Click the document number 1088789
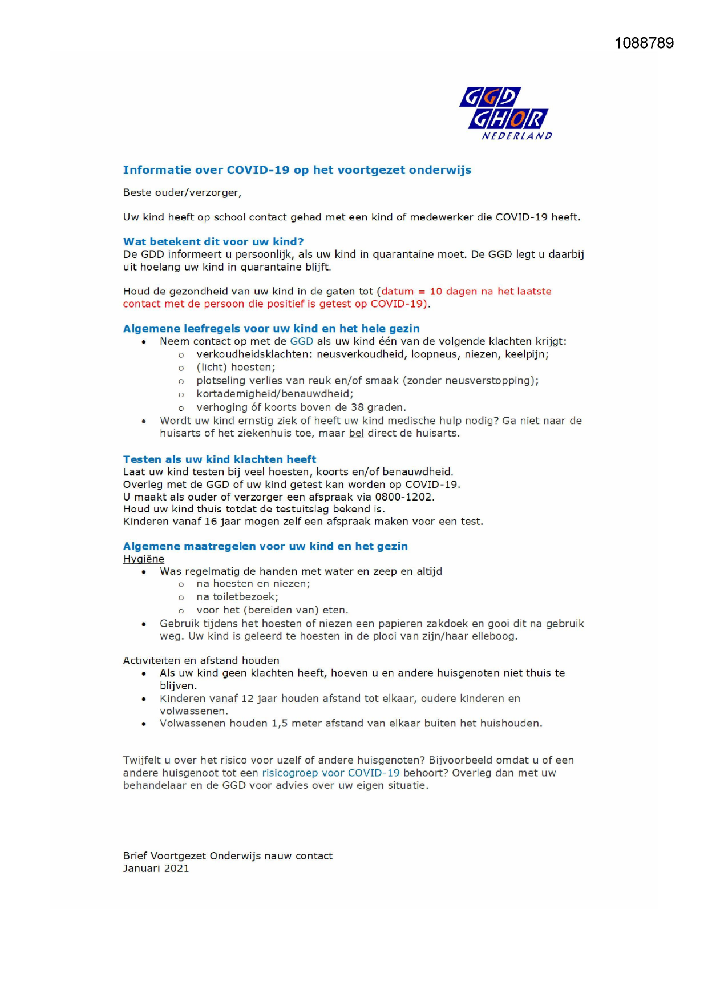(644, 43)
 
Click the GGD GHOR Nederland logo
(505, 113)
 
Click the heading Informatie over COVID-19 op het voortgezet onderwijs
(297, 170)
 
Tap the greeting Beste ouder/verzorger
(182, 193)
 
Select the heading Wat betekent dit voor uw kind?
(213, 242)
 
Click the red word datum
(398, 292)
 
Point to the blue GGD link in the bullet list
(301, 341)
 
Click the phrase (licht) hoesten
(236, 368)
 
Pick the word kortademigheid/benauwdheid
(274, 394)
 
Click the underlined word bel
(356, 433)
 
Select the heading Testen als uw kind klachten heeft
(220, 459)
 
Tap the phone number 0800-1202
(404, 497)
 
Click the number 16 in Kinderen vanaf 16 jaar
(211, 522)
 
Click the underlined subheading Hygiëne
(144, 559)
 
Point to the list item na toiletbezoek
(237, 597)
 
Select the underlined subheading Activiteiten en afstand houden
(201, 661)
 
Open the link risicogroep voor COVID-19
(330, 773)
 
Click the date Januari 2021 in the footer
(156, 869)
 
